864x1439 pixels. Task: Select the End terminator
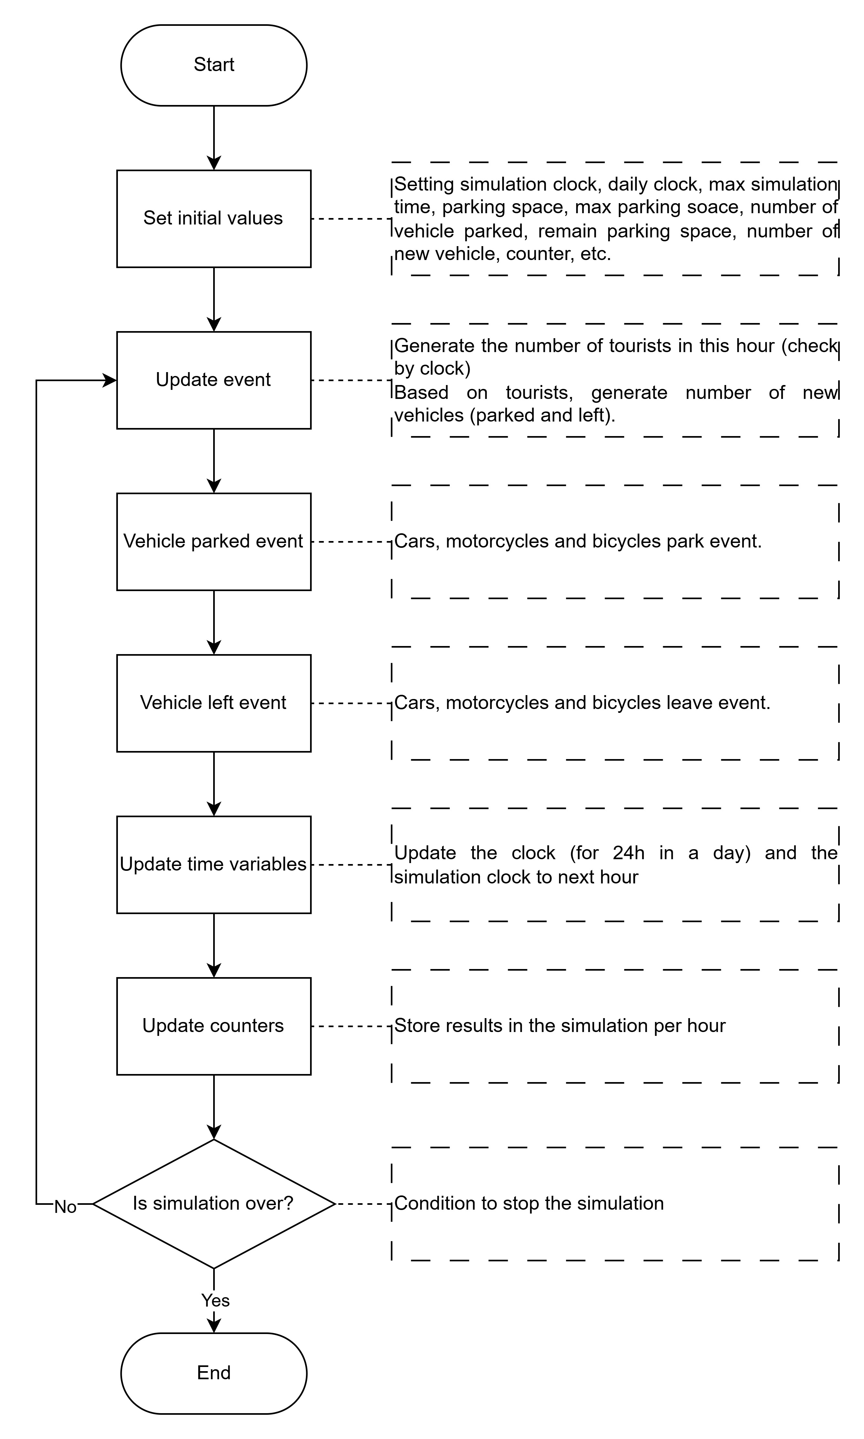tap(214, 1373)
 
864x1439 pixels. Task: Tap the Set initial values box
tap(214, 218)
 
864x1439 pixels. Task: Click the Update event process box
tap(214, 380)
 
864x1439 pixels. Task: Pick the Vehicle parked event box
tap(214, 541)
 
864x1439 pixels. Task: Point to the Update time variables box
tap(214, 864)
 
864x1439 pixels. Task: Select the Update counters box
tap(214, 1026)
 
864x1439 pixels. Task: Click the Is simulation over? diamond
tap(214, 1203)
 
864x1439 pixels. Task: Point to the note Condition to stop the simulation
tap(529, 1203)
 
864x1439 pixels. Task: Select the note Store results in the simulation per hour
tap(559, 1026)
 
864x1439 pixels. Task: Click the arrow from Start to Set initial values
tap(214, 137)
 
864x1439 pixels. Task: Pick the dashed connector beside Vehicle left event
tap(351, 703)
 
